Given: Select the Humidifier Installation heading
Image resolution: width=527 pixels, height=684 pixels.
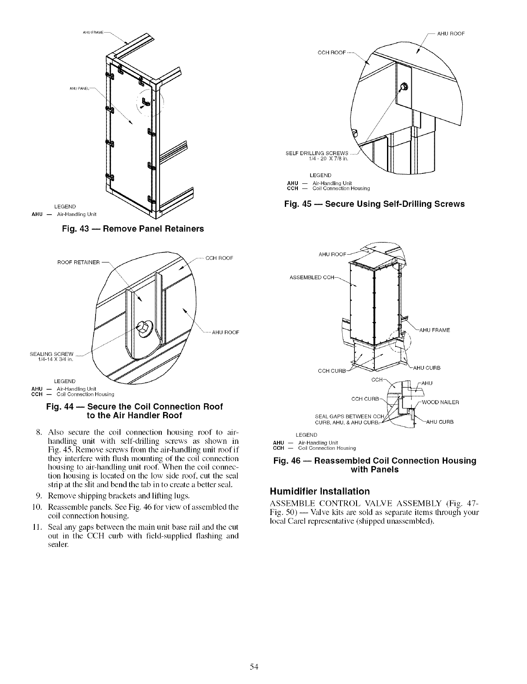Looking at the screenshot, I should click(320, 491).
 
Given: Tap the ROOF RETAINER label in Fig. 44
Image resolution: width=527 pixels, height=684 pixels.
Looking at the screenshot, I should click(78, 262).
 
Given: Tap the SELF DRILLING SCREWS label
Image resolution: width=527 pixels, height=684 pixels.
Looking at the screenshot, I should click(317, 153).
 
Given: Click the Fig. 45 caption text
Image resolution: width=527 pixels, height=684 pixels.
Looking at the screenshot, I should click(374, 204).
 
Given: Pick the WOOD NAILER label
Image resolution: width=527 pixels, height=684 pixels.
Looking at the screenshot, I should click(440, 402).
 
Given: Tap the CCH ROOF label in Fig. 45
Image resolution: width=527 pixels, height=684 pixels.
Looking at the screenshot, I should click(332, 53).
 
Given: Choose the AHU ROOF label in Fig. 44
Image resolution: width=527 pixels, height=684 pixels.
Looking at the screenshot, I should click(226, 333).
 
